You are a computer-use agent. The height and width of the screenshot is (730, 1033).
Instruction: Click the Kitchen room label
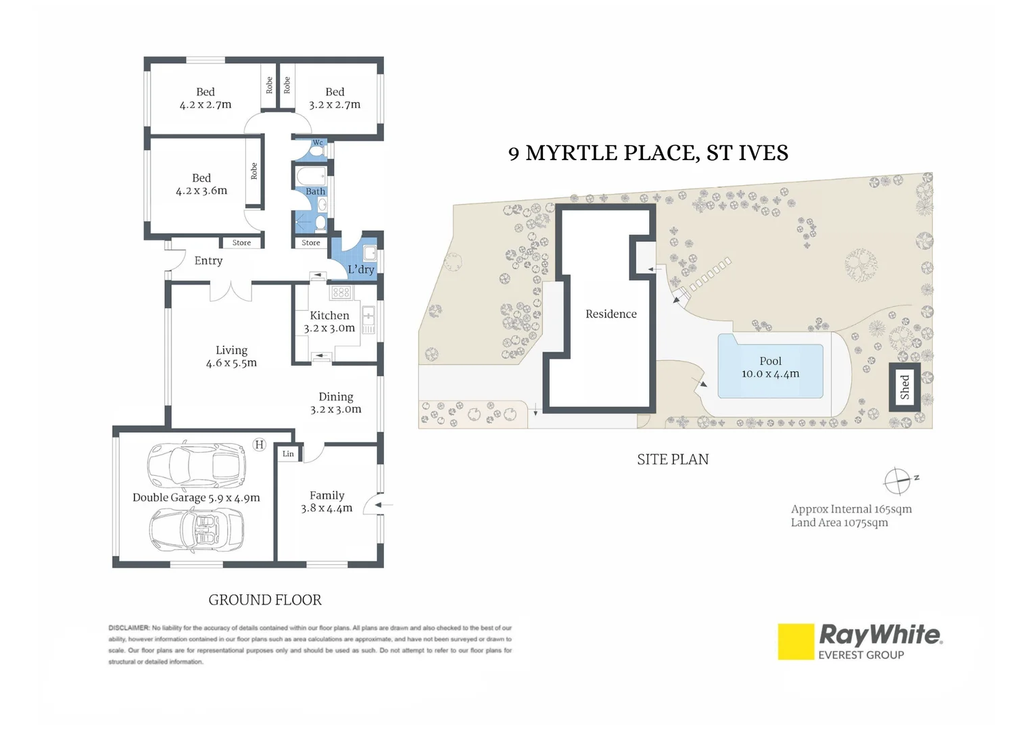[329, 316]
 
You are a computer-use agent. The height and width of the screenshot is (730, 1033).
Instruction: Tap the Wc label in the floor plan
[318, 143]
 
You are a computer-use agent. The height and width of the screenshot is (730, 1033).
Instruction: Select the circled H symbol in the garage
[259, 445]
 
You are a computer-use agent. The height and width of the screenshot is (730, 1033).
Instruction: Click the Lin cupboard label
[288, 454]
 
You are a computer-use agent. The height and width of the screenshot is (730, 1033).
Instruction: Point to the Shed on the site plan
[905, 387]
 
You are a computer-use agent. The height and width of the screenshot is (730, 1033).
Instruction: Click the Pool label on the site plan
[770, 362]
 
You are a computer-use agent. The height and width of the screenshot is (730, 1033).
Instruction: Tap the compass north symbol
[898, 481]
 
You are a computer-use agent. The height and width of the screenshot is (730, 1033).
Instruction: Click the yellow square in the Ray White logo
[796, 641]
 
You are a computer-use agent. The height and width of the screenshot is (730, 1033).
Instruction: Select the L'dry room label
[361, 269]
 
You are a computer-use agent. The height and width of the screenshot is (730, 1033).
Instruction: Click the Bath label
[315, 191]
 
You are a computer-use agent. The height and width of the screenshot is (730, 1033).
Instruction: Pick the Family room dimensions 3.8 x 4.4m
[327, 508]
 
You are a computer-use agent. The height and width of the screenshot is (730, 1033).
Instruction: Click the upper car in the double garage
[197, 465]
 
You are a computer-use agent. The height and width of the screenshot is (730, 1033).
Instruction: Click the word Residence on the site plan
[611, 314]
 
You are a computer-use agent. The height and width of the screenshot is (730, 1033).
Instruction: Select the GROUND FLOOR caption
[265, 600]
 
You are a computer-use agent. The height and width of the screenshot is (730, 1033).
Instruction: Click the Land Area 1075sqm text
[839, 522]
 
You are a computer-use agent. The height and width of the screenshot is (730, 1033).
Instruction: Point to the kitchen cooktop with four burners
[341, 293]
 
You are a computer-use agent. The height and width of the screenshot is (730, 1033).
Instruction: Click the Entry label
[208, 261]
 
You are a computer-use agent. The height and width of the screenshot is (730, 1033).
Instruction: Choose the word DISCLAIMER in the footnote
[128, 628]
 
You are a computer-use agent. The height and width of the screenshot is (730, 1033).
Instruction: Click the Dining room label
[336, 397]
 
